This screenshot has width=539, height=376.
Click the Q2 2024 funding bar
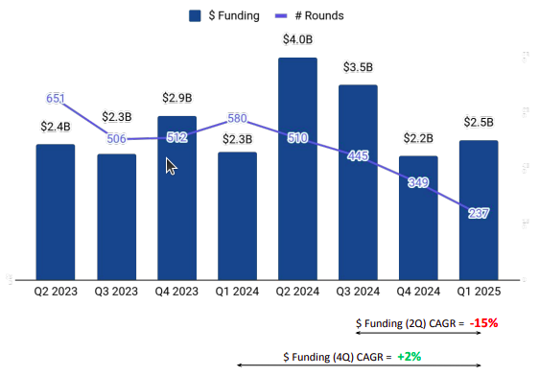point(297,169)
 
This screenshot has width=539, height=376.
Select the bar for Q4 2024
point(418,218)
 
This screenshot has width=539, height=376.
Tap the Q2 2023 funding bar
point(56,212)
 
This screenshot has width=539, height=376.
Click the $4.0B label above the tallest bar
point(297,39)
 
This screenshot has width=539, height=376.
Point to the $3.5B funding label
point(358,67)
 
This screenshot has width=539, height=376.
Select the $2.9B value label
point(177,98)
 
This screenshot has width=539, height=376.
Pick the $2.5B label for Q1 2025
point(479,122)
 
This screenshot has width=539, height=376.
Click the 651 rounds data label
point(56,99)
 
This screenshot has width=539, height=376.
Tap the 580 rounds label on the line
point(237,118)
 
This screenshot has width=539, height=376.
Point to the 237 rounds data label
point(479,214)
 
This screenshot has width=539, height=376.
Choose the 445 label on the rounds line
point(358,156)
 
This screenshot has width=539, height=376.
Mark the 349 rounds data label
point(418,182)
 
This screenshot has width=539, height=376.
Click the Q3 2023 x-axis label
point(116,292)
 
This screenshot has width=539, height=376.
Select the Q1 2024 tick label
point(237,292)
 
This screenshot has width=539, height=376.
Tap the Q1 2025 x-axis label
point(479,292)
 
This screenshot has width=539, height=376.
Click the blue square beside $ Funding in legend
point(195,15)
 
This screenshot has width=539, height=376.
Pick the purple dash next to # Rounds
point(281,15)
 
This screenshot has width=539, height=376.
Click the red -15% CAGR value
point(484,323)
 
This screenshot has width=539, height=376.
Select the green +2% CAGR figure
point(410,357)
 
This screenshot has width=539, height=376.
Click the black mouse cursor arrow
point(171,166)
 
